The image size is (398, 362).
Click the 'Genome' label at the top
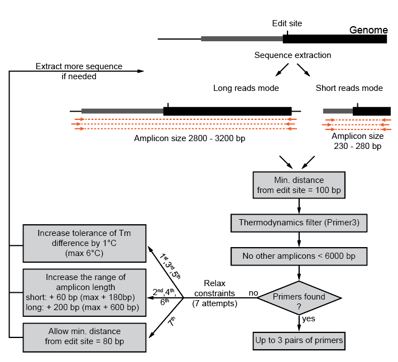368,30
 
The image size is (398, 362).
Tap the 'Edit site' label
287,23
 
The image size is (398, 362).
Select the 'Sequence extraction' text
292,55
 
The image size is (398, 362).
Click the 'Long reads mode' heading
246,88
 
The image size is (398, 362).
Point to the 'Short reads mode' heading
349,88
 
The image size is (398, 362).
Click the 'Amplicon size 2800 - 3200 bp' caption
189,138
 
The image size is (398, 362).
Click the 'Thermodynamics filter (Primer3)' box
299,223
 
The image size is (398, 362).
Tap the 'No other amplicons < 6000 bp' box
299,256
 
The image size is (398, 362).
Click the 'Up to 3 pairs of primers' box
299,340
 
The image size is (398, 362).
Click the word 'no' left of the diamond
253,293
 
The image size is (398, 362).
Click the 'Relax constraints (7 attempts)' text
215,293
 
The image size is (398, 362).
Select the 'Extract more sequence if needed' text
79,71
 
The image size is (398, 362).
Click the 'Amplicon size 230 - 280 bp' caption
357,141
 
